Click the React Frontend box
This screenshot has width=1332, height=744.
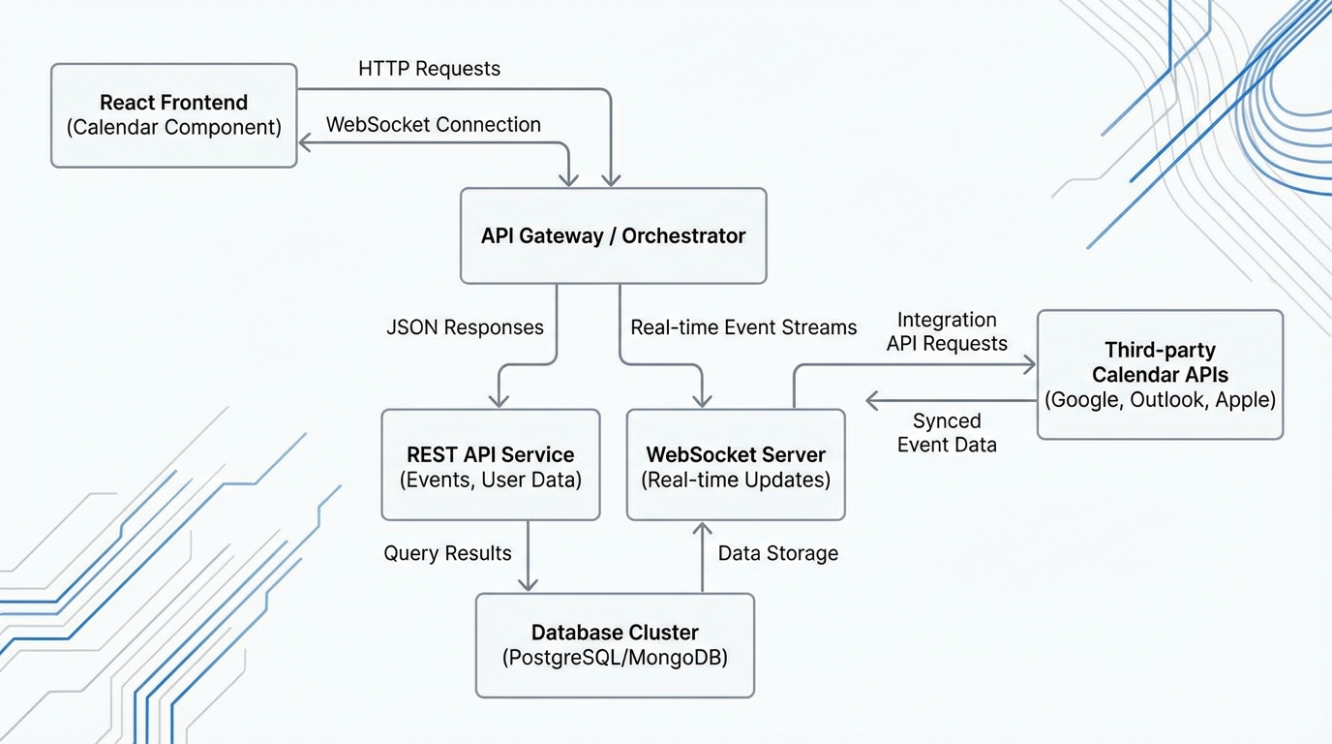click(x=173, y=115)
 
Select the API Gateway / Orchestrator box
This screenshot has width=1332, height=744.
click(x=613, y=235)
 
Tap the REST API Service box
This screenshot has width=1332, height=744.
click(x=490, y=465)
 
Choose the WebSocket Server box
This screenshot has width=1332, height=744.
click(x=736, y=465)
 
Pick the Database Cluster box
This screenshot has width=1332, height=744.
click(x=615, y=645)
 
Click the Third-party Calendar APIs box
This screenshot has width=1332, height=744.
click(x=1160, y=375)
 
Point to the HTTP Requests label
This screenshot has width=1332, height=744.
click(x=429, y=69)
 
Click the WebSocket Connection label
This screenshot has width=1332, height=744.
click(x=433, y=125)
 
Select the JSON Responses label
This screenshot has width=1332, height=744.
click(x=465, y=327)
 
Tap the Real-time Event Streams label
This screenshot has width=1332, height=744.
click(x=743, y=327)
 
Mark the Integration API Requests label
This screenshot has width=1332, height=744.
click(x=947, y=331)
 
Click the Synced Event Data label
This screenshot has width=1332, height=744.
click(x=947, y=433)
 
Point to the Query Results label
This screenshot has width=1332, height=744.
click(x=447, y=553)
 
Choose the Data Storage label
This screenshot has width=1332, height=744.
click(x=777, y=553)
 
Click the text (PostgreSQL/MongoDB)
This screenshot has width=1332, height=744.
click(x=615, y=658)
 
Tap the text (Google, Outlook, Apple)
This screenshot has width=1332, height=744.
click(x=1160, y=400)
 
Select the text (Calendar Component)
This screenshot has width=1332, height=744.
click(x=173, y=128)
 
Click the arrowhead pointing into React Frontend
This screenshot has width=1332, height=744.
click(x=305, y=144)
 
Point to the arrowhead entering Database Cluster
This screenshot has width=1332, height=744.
click(x=528, y=584)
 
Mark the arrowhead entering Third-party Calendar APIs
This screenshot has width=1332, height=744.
click(x=1029, y=365)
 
